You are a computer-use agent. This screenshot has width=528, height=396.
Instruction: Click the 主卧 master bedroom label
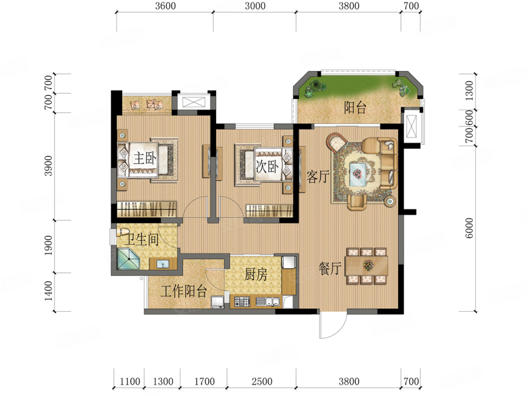145,158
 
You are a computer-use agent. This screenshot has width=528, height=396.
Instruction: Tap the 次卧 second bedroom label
267,166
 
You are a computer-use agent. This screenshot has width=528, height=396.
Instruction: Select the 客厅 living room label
317,177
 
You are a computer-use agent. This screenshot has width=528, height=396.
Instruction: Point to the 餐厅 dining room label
330,268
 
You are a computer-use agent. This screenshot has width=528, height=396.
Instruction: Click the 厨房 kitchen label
256,274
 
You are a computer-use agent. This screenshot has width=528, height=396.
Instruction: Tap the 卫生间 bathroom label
141,239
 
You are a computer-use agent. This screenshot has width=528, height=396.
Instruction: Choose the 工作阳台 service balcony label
184,291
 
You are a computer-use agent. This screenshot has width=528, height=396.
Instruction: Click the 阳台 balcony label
355,108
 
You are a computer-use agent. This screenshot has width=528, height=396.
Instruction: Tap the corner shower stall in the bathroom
128,259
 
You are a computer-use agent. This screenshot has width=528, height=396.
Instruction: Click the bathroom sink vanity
163,263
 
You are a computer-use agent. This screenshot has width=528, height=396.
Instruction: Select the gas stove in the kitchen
242,301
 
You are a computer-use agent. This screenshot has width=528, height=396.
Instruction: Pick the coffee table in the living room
358,174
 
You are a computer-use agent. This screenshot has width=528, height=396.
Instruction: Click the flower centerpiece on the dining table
369,265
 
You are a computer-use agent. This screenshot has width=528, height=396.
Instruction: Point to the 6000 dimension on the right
469,228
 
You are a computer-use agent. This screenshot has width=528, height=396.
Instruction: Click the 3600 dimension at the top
166,5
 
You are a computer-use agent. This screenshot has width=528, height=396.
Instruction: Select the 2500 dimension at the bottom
262,381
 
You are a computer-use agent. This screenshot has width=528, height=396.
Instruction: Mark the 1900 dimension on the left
48,245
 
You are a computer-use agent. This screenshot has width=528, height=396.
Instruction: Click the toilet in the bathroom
123,232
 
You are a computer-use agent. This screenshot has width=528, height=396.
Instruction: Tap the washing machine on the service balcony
217,302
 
